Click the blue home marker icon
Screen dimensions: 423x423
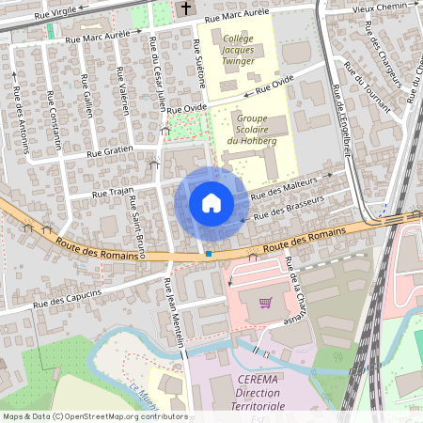pyautogui.click(x=211, y=203)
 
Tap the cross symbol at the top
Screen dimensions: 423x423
pyautogui.click(x=185, y=8)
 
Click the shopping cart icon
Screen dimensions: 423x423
pyautogui.click(x=265, y=303)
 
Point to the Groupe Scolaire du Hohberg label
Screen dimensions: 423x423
pyautogui.click(x=241, y=131)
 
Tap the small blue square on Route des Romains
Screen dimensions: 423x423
pyautogui.click(x=208, y=254)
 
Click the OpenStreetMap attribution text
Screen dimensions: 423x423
pyautogui.click(x=95, y=415)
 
